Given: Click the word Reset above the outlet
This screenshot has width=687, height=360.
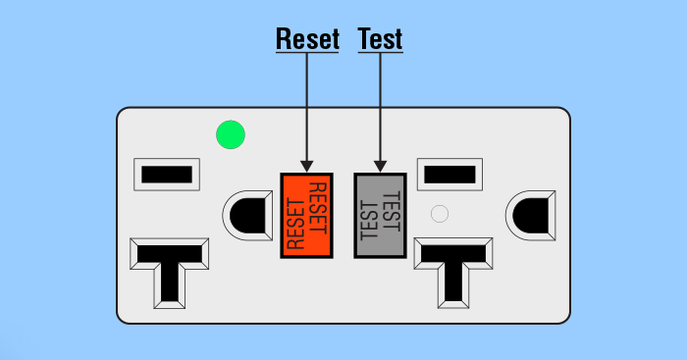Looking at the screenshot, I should pyautogui.click(x=307, y=38).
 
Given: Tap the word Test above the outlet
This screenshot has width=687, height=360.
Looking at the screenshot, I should pyautogui.click(x=381, y=38).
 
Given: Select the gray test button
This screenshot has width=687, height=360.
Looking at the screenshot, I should pyautogui.click(x=380, y=215).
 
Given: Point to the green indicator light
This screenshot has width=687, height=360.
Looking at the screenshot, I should pyautogui.click(x=230, y=135).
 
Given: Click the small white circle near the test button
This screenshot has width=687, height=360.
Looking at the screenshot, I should pyautogui.click(x=440, y=212).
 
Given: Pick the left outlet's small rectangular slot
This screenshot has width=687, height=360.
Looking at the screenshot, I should pyautogui.click(x=165, y=175).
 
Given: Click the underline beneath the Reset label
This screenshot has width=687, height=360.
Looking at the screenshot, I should pyautogui.click(x=307, y=52).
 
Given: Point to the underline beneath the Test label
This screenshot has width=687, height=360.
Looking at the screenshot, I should pyautogui.click(x=381, y=52).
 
